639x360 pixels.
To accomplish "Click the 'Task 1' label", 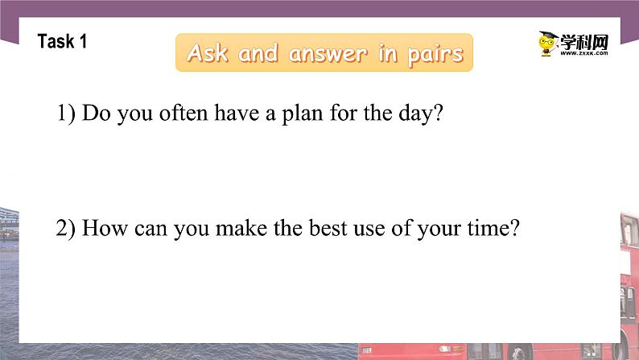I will tap(62, 42).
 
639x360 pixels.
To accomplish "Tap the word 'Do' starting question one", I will tap(97, 114).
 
